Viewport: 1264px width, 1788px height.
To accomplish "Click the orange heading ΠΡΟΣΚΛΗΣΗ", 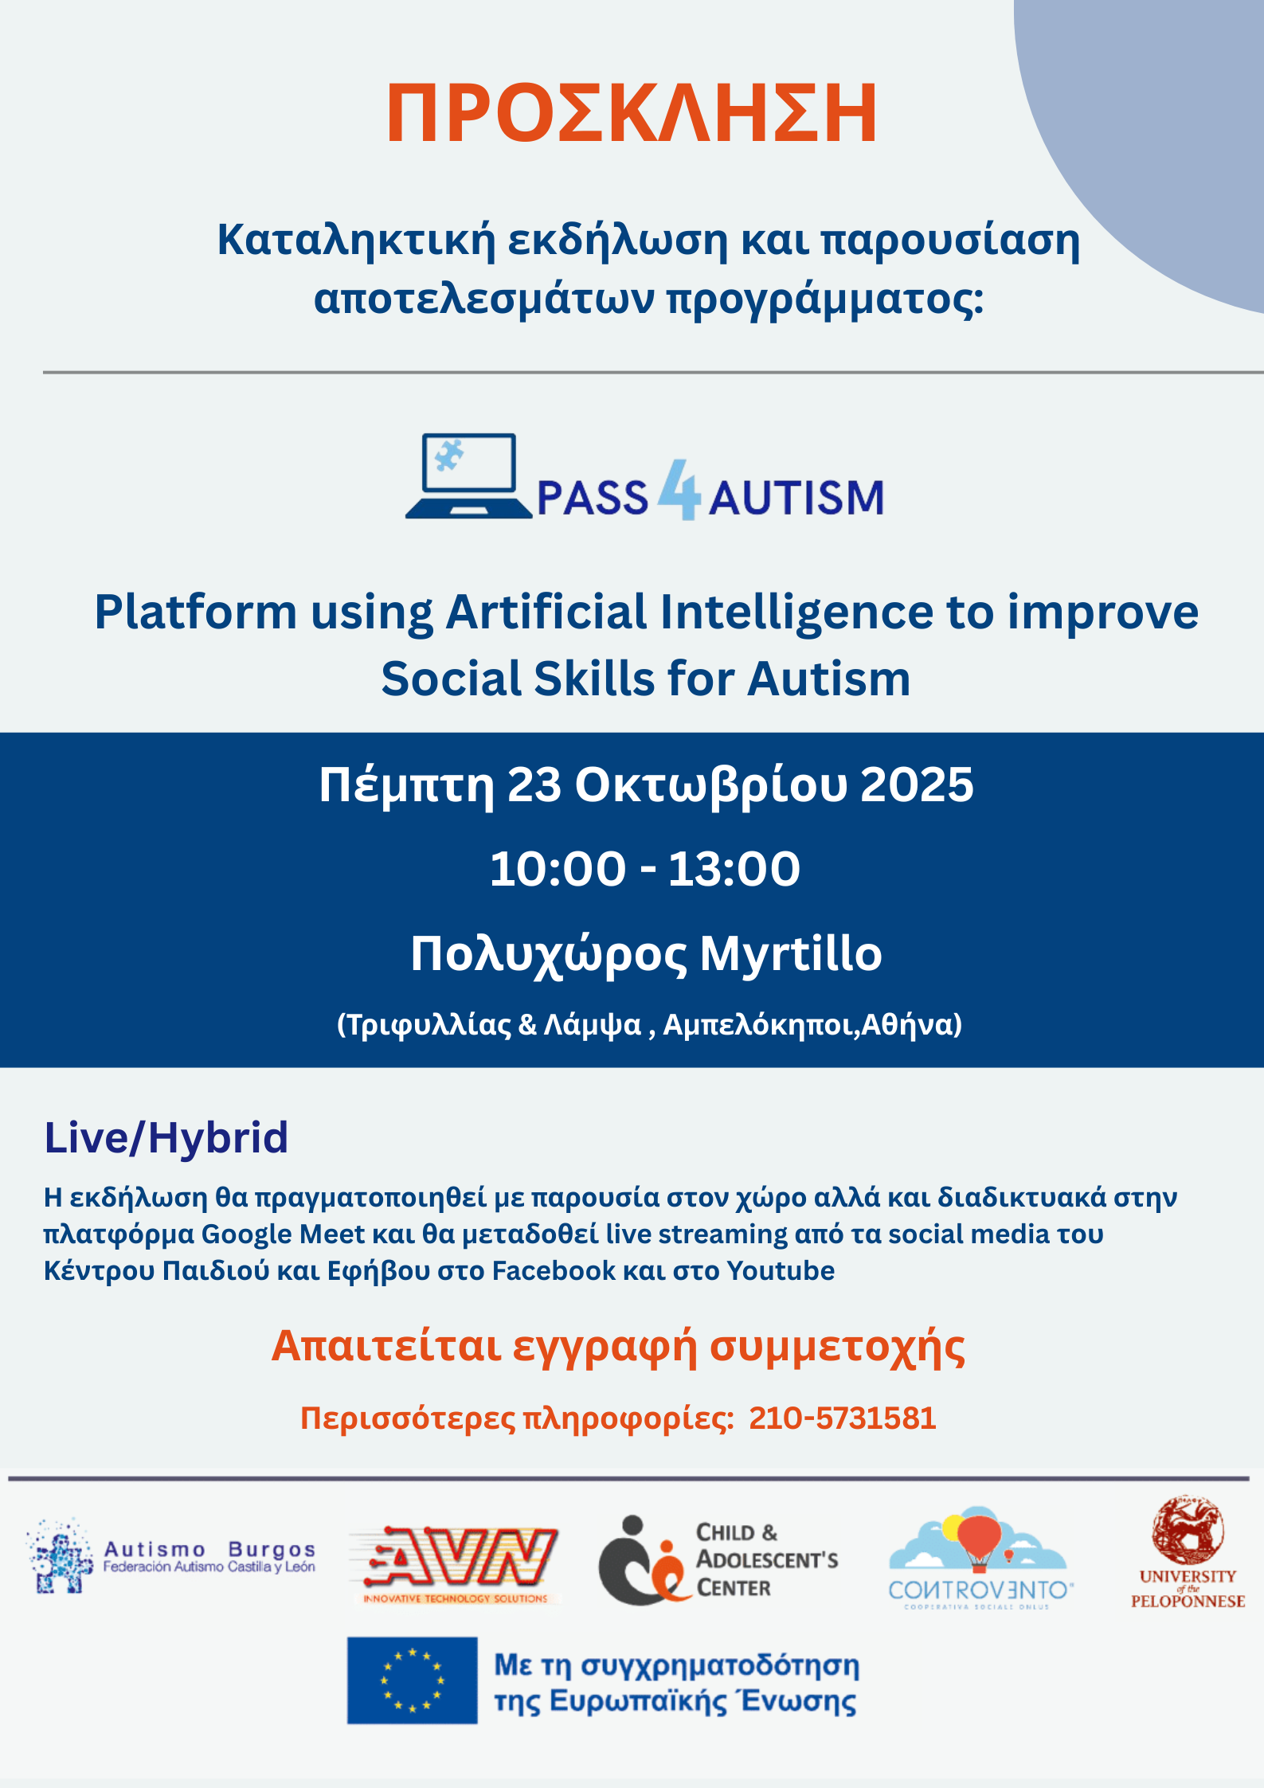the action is (632, 114).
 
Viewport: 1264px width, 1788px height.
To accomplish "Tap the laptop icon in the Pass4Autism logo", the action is (469, 476).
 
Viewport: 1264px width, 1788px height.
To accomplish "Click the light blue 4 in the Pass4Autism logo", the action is (679, 490).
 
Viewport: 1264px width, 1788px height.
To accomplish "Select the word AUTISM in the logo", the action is (796, 498).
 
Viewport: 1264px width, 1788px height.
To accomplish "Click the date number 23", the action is (534, 784).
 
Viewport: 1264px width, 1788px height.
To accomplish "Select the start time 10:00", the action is (558, 868).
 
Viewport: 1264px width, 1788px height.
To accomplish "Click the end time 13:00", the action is (734, 868).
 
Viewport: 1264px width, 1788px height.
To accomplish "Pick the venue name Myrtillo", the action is (791, 954).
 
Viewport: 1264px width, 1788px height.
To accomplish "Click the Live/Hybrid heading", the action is (166, 1137).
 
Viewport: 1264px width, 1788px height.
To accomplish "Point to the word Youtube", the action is (781, 1271).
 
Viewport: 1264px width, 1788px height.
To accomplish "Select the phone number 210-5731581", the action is (842, 1418).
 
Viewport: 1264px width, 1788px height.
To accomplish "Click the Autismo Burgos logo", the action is (171, 1555).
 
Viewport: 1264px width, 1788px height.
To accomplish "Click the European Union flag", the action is (412, 1680).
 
